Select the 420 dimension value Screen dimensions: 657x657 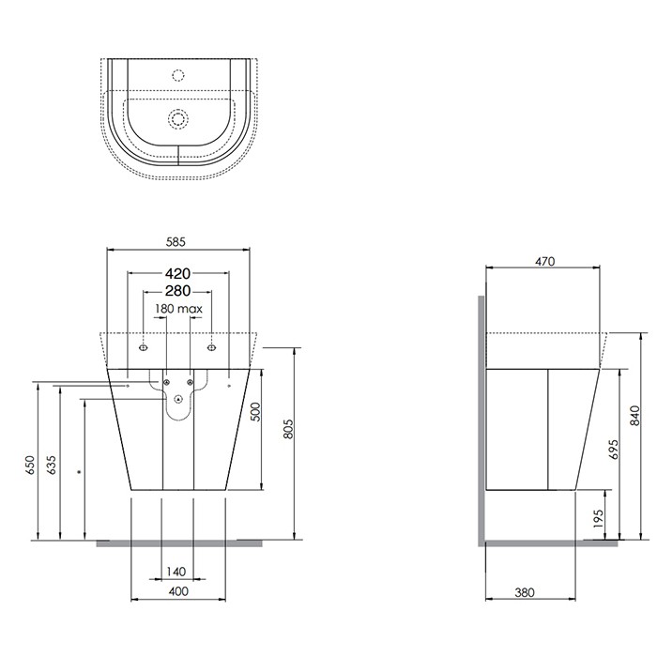click(178, 274)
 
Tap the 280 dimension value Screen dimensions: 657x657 click(178, 290)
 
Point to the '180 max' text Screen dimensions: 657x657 click(178, 309)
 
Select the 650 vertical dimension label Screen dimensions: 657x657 click(30, 466)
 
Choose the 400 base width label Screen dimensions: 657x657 click(178, 590)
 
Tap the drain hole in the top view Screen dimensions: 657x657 click(177, 118)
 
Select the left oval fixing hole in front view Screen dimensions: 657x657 click(143, 348)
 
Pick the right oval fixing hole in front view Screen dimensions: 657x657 click(213, 348)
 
